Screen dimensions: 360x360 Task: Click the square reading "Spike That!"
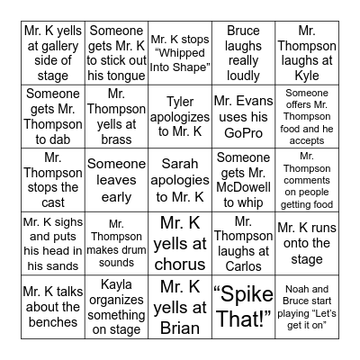tap(243, 307)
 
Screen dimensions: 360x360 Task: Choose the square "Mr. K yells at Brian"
tap(180, 307)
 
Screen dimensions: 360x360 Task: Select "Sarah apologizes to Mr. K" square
tap(180, 176)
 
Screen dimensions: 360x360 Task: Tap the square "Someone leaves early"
tap(116, 176)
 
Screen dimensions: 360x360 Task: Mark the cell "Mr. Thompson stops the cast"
tap(53, 176)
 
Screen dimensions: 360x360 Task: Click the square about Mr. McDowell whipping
tap(243, 176)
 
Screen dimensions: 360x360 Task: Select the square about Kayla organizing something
tap(116, 307)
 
